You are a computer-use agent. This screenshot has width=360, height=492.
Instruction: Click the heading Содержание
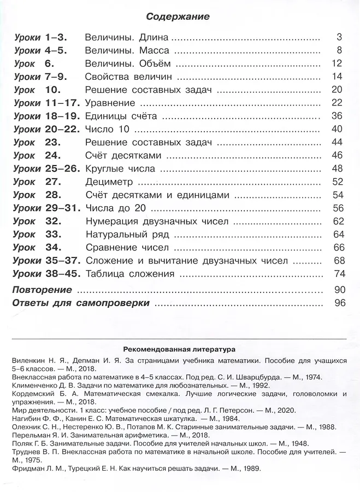click(x=178, y=17)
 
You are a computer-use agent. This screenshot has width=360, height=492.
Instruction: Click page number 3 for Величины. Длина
click(x=339, y=38)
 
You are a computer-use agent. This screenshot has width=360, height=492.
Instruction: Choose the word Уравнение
click(x=110, y=103)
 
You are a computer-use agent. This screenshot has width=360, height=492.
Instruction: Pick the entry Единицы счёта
click(x=121, y=116)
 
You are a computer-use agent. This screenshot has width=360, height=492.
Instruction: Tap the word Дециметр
click(x=109, y=182)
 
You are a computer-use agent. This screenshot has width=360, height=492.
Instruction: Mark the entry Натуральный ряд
click(x=127, y=235)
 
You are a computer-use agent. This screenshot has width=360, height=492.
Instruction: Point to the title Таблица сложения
click(x=130, y=274)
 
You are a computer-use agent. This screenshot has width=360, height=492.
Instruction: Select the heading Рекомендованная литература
click(x=179, y=348)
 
